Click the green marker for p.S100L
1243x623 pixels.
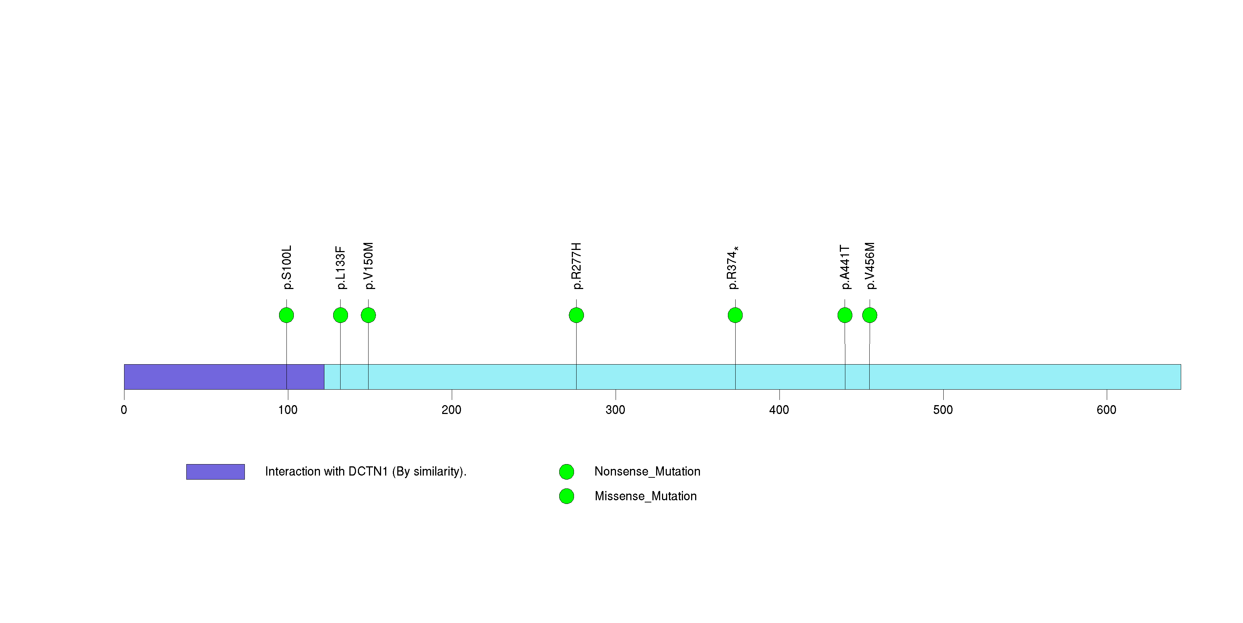point(286,315)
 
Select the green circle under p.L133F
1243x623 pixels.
point(340,315)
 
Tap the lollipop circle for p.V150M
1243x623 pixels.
point(368,315)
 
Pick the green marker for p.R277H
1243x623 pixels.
point(576,315)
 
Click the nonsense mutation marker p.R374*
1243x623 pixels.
point(735,315)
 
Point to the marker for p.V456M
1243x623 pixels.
point(870,315)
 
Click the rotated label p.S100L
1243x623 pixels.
point(286,267)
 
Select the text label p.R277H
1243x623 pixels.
point(576,266)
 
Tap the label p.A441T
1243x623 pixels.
point(845,267)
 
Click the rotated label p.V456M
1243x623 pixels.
point(870,266)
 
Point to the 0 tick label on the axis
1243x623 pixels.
point(124,410)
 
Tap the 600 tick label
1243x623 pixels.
point(1106,410)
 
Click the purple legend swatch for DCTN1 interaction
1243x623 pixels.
point(215,472)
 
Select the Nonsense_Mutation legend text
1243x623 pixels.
point(647,471)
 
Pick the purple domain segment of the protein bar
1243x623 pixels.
point(224,377)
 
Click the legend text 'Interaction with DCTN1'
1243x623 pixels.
point(365,471)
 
